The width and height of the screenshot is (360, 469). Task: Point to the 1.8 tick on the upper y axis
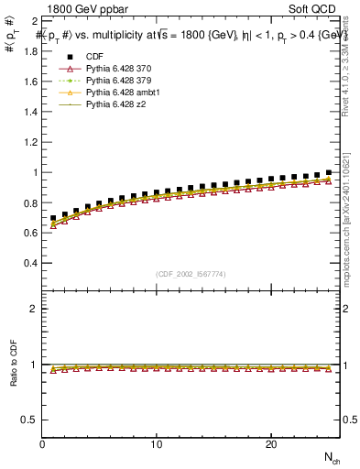click(x=28, y=51)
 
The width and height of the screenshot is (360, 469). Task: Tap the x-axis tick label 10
click(x=157, y=444)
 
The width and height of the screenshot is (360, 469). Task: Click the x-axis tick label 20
click(x=270, y=444)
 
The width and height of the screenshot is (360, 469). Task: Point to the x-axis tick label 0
click(x=43, y=444)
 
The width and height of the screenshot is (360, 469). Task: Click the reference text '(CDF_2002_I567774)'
click(x=191, y=274)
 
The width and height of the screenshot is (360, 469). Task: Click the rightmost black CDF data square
click(x=329, y=172)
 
